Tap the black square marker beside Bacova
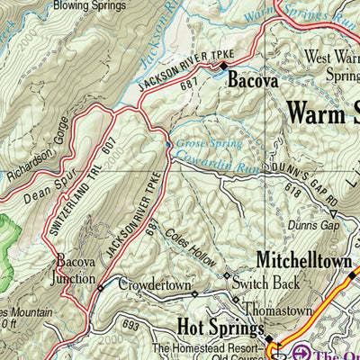coord(223,66)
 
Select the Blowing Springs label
coord(89,5)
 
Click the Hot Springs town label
coord(217,324)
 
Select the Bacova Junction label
coord(76,268)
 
